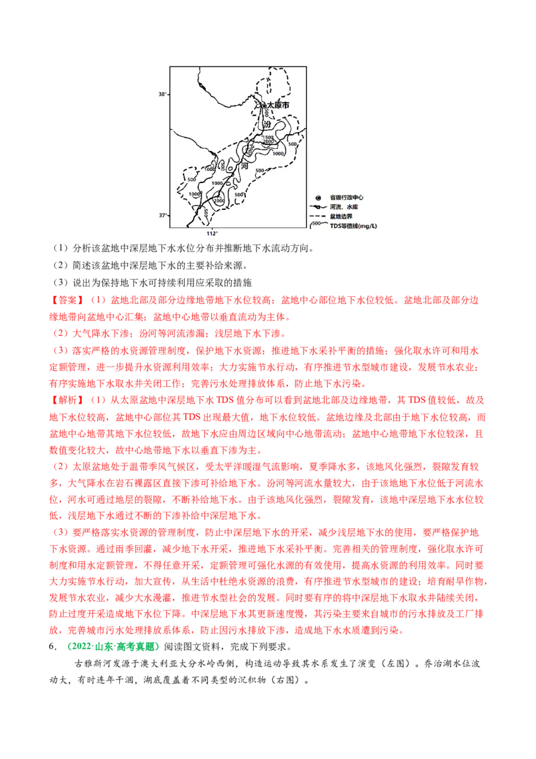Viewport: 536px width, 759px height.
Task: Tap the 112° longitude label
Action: pyautogui.click(x=212, y=233)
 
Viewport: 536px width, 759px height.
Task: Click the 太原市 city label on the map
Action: pyautogui.click(x=278, y=106)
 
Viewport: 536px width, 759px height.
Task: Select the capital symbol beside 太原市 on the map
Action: pyautogui.click(x=263, y=105)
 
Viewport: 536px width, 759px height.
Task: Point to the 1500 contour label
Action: pyautogui.click(x=268, y=137)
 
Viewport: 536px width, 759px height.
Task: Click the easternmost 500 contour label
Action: pyautogui.click(x=292, y=144)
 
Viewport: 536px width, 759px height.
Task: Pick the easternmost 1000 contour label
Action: pyautogui.click(x=279, y=154)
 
